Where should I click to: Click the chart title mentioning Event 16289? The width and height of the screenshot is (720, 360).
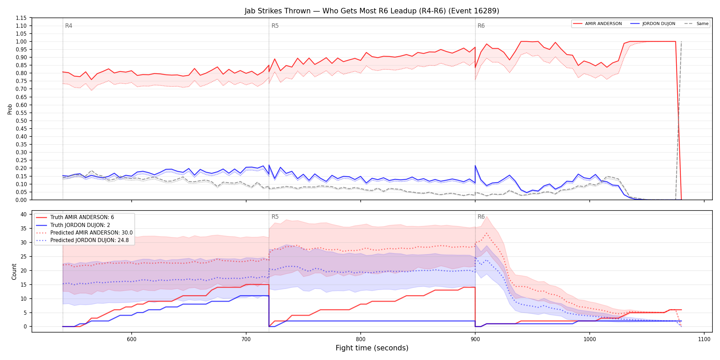[x=372, y=11]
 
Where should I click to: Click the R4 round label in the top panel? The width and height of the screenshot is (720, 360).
[x=69, y=26]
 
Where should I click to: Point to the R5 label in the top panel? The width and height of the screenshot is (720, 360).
[x=275, y=26]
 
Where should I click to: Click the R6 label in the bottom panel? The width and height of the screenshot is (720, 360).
[x=481, y=217]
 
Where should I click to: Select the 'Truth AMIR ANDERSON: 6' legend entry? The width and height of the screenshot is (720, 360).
[x=82, y=217]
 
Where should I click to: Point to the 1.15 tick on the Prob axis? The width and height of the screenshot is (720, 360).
[x=21, y=18]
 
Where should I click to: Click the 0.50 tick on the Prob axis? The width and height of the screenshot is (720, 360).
[x=21, y=121]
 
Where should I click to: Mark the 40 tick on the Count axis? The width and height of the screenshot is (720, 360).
[x=24, y=214]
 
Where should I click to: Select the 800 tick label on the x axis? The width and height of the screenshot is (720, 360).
[x=361, y=339]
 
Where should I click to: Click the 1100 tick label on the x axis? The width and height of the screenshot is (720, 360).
[x=704, y=339]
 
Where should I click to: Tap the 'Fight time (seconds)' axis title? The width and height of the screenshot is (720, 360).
[x=372, y=348]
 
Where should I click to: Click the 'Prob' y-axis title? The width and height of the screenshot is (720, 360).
[x=10, y=109]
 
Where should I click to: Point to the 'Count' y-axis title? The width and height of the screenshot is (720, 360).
[x=14, y=272]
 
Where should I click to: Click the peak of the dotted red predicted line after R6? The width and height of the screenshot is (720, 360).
[x=487, y=233]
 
